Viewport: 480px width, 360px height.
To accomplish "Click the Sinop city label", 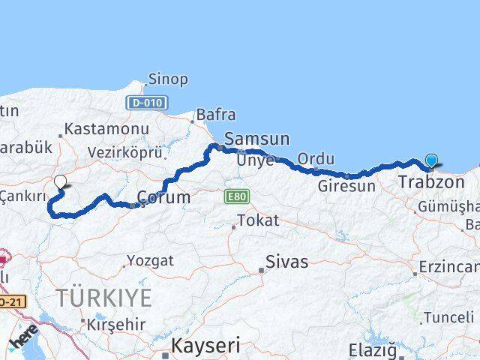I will coord(168,79).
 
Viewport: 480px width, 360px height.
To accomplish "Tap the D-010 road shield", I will coord(147,103).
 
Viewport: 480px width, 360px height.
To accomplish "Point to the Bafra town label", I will coord(215,115).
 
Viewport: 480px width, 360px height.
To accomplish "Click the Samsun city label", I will coord(256,139).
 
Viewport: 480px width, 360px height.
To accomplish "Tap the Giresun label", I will coord(346,185).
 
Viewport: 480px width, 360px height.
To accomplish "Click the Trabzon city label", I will coord(432,182).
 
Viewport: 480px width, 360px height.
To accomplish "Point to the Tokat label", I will coord(258,221).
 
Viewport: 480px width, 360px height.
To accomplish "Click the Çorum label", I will coord(163,199).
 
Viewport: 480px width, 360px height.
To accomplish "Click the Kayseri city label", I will coord(206,346).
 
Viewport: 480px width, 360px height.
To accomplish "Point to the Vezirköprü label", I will coord(124,152).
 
